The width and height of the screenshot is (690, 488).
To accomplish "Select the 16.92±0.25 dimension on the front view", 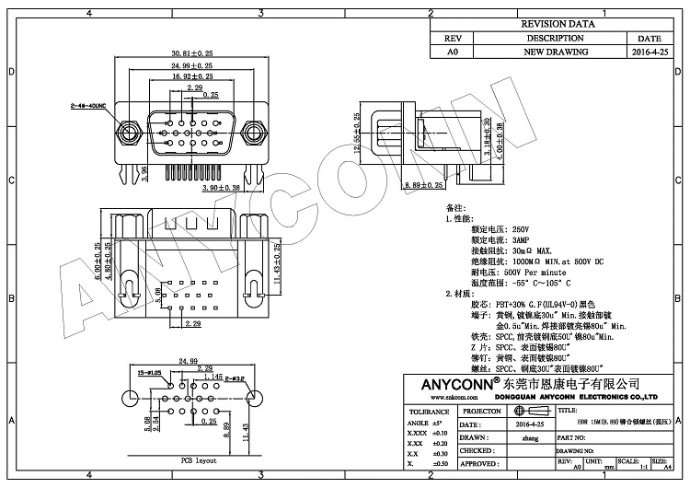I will point(191,78).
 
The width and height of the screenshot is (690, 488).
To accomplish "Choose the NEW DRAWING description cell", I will point(556,52).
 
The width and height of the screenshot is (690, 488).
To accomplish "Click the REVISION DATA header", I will point(556,25).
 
